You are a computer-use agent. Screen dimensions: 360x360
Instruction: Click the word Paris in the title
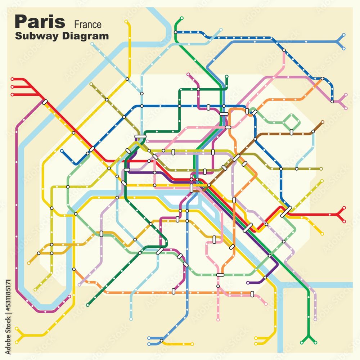click(x=40, y=22)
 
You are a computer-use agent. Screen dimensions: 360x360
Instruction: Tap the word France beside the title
click(x=88, y=25)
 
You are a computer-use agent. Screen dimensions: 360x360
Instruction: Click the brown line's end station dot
click(x=323, y=122)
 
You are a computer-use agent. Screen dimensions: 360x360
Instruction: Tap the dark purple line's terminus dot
click(x=248, y=283)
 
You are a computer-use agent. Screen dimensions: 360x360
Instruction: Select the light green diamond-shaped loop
click(x=292, y=122)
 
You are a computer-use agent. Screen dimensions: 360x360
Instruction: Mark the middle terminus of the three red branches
click(x=12, y=87)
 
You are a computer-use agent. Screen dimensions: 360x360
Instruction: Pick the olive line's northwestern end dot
click(x=91, y=84)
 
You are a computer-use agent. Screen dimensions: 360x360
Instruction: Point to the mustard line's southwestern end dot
click(x=28, y=263)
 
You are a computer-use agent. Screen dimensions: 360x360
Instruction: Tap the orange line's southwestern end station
click(x=74, y=269)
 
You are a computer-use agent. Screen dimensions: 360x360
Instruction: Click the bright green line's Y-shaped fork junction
click(x=309, y=336)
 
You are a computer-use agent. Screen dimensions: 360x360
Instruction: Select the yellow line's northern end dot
click(x=126, y=22)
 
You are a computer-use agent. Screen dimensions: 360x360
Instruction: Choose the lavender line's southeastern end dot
click(x=315, y=319)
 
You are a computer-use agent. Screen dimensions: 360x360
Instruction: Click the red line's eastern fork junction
click(x=338, y=215)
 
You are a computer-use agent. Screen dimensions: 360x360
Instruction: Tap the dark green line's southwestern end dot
click(x=87, y=305)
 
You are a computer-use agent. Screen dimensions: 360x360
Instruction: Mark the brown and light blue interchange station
click(x=313, y=132)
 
